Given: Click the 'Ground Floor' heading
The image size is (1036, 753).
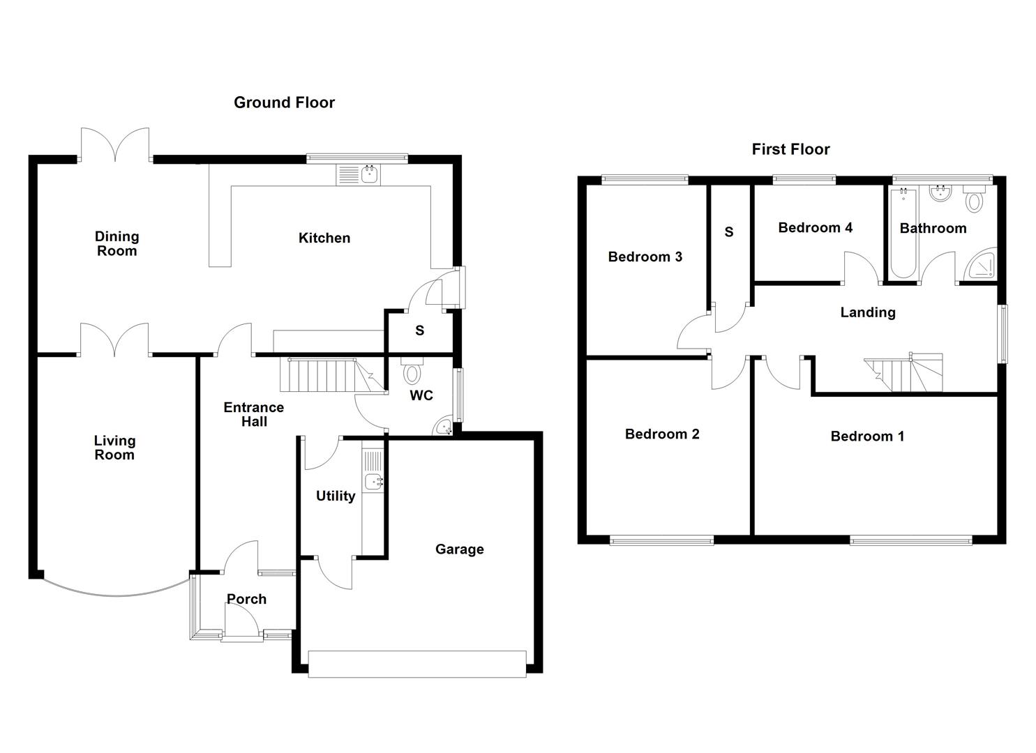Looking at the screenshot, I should click(284, 102).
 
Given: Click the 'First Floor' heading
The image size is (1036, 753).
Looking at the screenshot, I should click(790, 149).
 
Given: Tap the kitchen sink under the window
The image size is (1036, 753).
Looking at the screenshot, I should click(369, 175).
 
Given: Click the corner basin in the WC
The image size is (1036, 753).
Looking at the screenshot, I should click(443, 427).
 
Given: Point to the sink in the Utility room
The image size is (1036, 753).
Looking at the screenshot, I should click(373, 480).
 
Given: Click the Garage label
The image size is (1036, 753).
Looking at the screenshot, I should click(459, 549).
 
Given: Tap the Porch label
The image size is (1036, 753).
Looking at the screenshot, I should click(246, 599).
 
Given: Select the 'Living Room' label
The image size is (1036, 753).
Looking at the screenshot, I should click(114, 448).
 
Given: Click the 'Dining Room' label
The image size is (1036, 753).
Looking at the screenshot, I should click(117, 244).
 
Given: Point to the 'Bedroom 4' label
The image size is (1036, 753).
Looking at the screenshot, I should click(815, 227).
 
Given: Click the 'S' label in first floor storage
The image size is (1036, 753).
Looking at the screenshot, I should click(729, 231).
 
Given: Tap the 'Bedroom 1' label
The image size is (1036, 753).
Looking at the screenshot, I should click(867, 436).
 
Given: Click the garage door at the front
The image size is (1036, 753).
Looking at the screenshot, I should click(417, 664).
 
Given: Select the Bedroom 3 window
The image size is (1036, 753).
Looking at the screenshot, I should click(645, 180).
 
